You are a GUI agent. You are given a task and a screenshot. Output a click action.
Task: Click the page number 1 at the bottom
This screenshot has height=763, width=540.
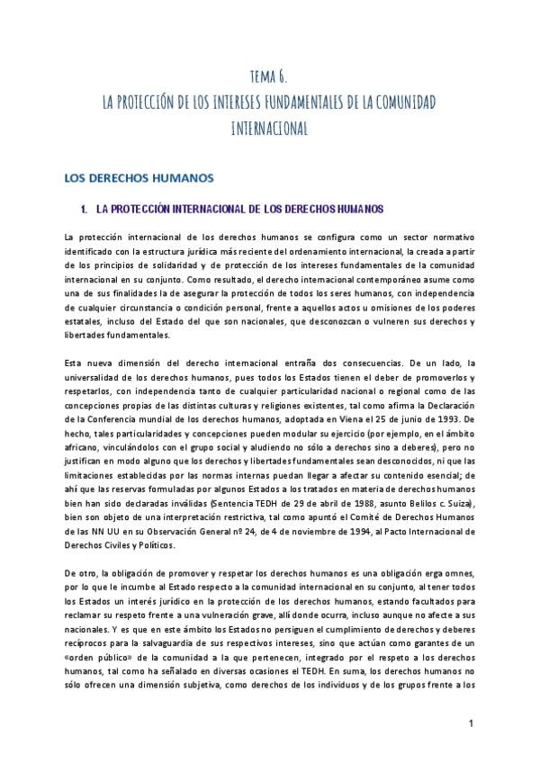[472, 724]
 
